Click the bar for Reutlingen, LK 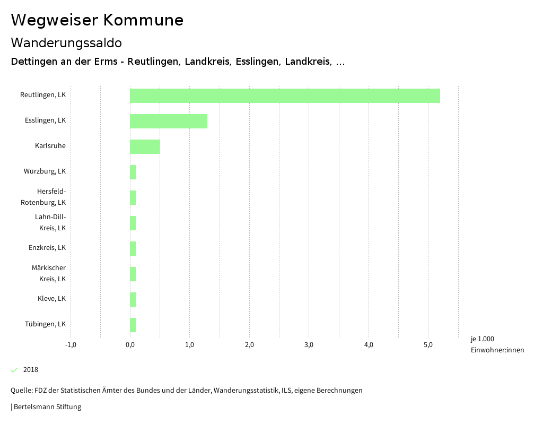285,96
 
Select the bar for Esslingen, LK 169,121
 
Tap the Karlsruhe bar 145,146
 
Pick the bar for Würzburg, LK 133,172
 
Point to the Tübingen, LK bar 133,325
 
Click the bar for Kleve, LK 133,299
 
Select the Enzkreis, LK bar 133,248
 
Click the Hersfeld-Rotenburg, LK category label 43,197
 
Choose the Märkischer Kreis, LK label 49,273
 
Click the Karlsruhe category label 50,146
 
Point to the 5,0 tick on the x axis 428,345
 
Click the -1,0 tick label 71,345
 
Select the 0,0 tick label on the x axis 130,345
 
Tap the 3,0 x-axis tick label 309,345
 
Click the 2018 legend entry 30,370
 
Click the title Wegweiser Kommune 97,20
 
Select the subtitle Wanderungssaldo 66,42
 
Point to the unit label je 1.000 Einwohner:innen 497,344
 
